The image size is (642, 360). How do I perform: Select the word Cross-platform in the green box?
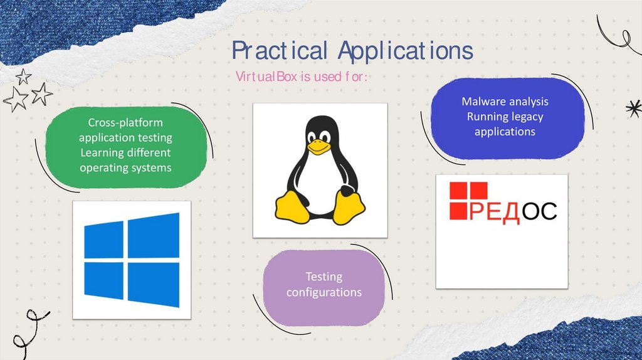point(125,122)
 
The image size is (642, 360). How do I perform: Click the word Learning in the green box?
point(104,152)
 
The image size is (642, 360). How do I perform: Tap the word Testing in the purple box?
point(324,277)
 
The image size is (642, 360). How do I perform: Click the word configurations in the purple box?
point(324,292)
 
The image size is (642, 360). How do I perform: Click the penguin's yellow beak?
point(318,146)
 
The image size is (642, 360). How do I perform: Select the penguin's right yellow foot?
point(349,208)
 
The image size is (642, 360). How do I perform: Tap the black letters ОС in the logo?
point(539,211)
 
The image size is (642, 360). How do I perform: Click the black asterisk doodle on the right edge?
point(633,108)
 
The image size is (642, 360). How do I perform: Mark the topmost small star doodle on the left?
point(23,77)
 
